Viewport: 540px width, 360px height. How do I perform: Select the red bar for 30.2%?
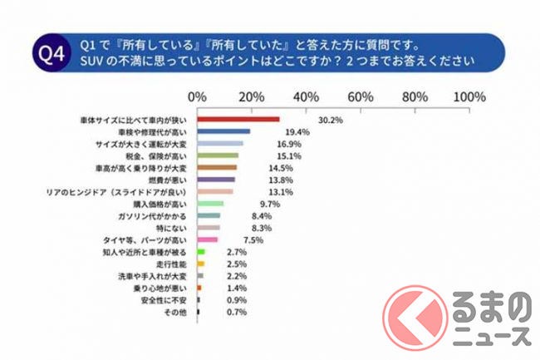point(238,119)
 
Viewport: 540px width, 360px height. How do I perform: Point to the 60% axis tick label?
point(362,96)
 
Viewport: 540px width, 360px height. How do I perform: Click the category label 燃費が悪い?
point(174,180)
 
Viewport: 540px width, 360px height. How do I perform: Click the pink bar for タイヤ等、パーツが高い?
point(208,239)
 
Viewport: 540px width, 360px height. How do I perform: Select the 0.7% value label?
point(238,312)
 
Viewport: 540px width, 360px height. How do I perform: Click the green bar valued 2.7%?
point(201,251)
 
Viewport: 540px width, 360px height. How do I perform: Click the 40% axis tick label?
point(307,96)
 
